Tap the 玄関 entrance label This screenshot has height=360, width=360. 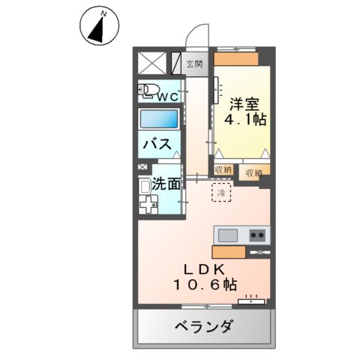pos(194,64)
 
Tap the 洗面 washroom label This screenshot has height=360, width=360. pos(166,182)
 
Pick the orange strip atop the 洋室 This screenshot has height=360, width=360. pos(235,58)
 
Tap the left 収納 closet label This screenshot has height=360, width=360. pos(223,170)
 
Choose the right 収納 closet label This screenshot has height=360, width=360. pos(253,172)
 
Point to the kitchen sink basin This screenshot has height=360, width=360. pos(227,235)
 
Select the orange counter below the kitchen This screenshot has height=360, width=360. pos(228,253)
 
